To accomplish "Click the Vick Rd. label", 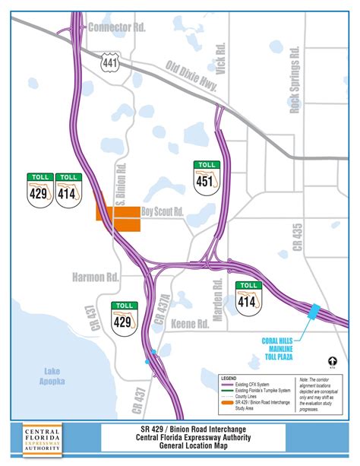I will [x=221, y=58].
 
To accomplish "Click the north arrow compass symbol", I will [x=332, y=362].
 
